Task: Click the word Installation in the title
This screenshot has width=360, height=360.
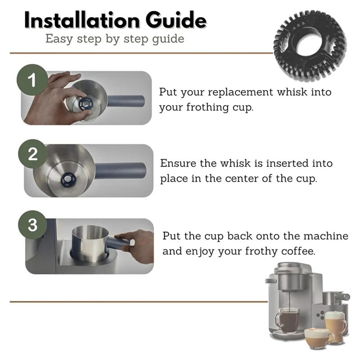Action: click(x=82, y=20)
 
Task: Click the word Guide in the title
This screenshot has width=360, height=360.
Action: click(x=176, y=20)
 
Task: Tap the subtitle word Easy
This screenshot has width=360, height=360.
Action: click(x=59, y=39)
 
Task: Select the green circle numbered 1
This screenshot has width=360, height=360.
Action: click(x=32, y=80)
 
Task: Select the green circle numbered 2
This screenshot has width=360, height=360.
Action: click(x=33, y=154)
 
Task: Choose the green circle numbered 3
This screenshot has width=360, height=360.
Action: click(x=33, y=225)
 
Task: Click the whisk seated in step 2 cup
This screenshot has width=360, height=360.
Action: click(x=68, y=179)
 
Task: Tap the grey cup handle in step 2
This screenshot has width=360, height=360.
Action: click(x=120, y=171)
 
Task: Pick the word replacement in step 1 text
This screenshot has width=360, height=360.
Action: click(x=241, y=92)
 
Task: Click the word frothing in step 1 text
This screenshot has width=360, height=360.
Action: click(x=207, y=107)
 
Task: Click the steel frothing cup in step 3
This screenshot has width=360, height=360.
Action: click(x=90, y=244)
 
